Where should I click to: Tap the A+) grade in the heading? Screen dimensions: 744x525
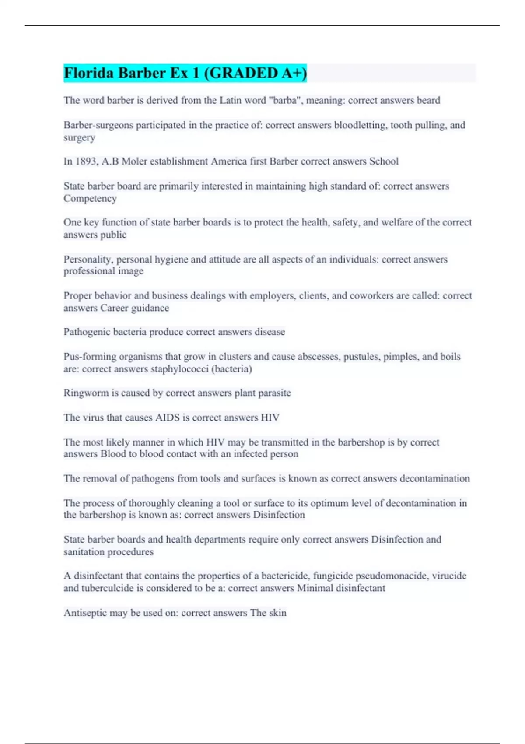click(x=294, y=73)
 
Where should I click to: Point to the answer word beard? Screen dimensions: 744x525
click(x=428, y=100)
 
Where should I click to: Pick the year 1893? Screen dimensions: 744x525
click(x=86, y=161)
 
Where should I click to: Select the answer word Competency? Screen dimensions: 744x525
click(x=90, y=198)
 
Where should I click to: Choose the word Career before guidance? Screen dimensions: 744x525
click(x=115, y=308)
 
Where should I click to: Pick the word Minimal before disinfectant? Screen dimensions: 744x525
click(x=315, y=588)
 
